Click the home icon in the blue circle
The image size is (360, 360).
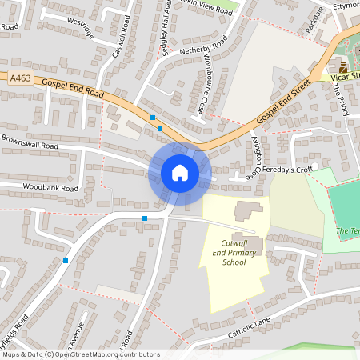click(180, 173)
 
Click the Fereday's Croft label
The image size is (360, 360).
click(289, 170)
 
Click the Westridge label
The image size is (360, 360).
click(81, 28)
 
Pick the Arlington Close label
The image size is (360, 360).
click(254, 156)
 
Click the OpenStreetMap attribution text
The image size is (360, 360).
click(81, 354)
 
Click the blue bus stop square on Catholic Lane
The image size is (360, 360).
click(145, 218)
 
